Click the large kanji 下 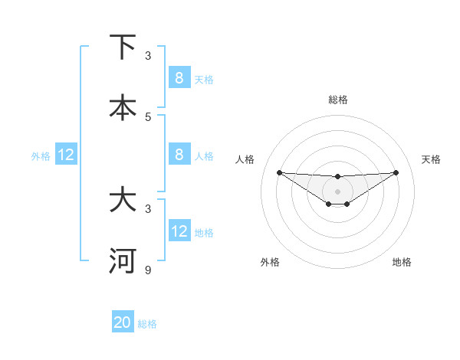(123, 47)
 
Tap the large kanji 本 (123, 107)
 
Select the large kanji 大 (123, 200)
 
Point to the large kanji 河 (123, 260)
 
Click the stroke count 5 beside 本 (149, 116)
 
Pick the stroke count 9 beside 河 (149, 270)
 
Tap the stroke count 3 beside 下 (149, 56)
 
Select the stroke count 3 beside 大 (149, 208)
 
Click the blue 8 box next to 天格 (179, 77)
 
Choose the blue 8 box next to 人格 (179, 154)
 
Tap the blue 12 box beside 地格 (179, 231)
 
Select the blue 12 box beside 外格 (66, 155)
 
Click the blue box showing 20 (123, 322)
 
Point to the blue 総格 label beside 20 (147, 324)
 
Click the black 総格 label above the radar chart (337, 100)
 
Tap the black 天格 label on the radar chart (431, 159)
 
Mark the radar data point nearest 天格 (396, 172)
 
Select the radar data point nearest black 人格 (279, 172)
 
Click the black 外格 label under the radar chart (270, 262)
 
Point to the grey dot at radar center (337, 191)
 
